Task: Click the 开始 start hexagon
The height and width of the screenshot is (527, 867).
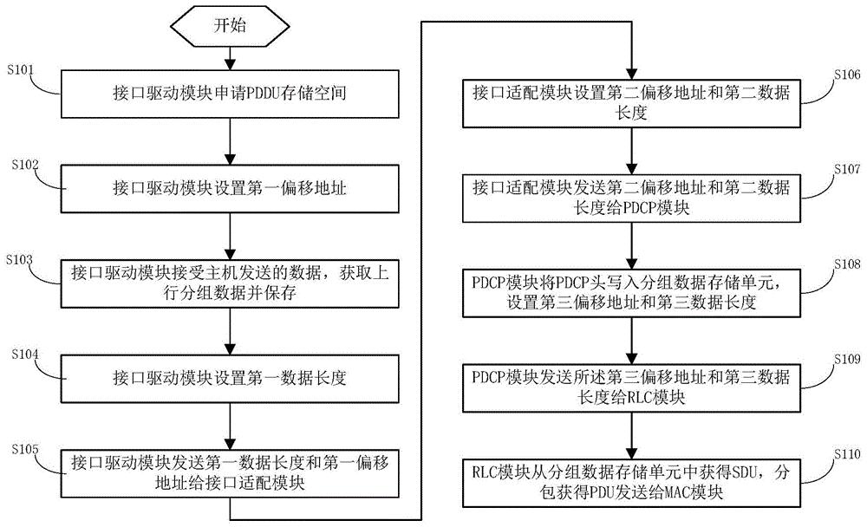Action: point(230,25)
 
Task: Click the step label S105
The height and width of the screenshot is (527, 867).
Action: point(19,448)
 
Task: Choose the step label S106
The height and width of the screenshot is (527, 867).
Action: point(845,75)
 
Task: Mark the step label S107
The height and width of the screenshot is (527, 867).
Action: point(845,167)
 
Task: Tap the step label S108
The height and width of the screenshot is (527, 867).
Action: point(845,261)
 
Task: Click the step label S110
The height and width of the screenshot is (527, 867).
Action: point(845,452)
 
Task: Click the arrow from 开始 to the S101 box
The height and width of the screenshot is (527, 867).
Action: point(230,55)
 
